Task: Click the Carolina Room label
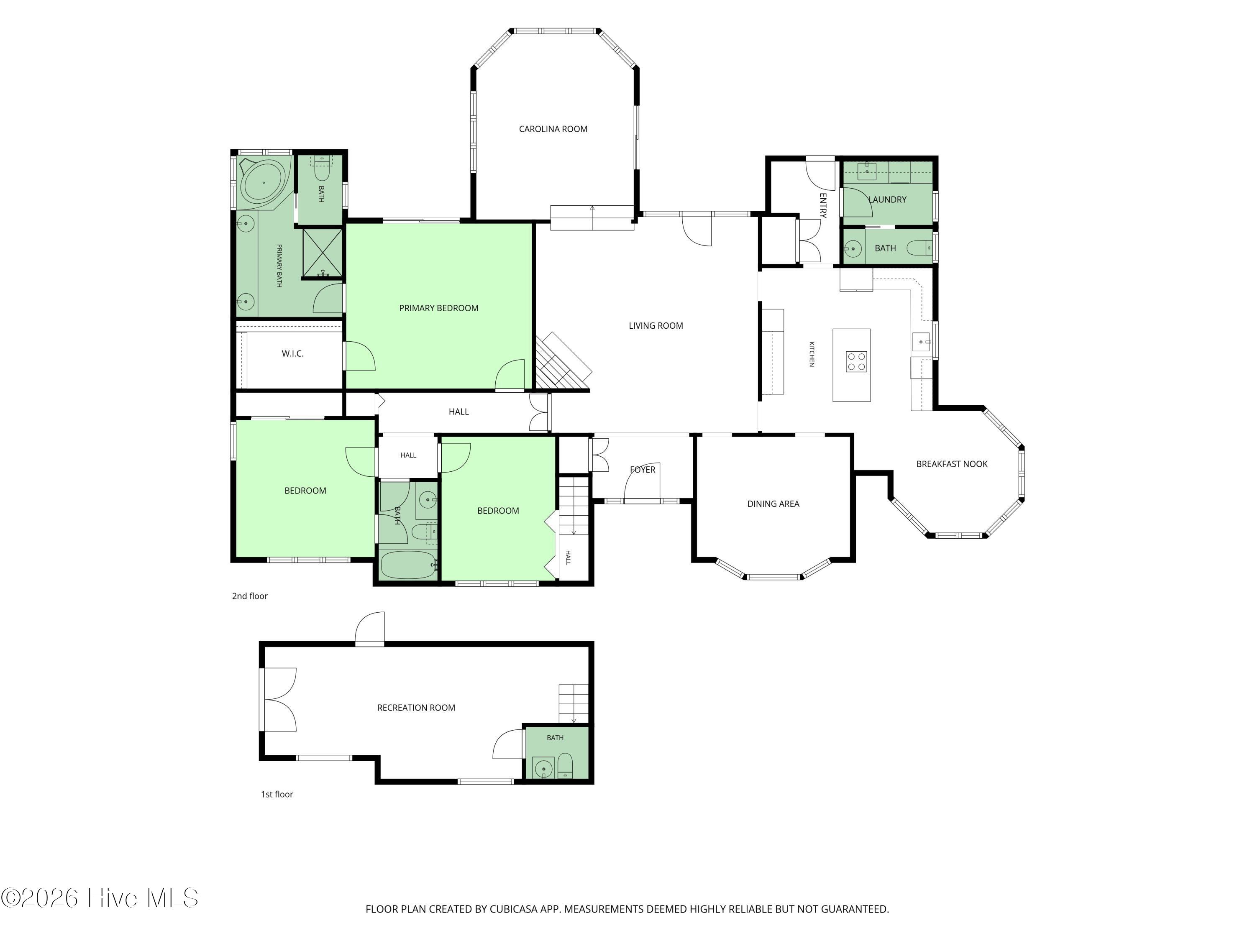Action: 553,129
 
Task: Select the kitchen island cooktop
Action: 856,362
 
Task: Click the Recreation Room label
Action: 416,708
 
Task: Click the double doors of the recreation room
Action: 279,699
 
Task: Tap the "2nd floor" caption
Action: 250,596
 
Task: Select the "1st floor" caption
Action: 277,795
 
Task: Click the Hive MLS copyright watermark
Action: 100,898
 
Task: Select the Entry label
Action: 823,205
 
